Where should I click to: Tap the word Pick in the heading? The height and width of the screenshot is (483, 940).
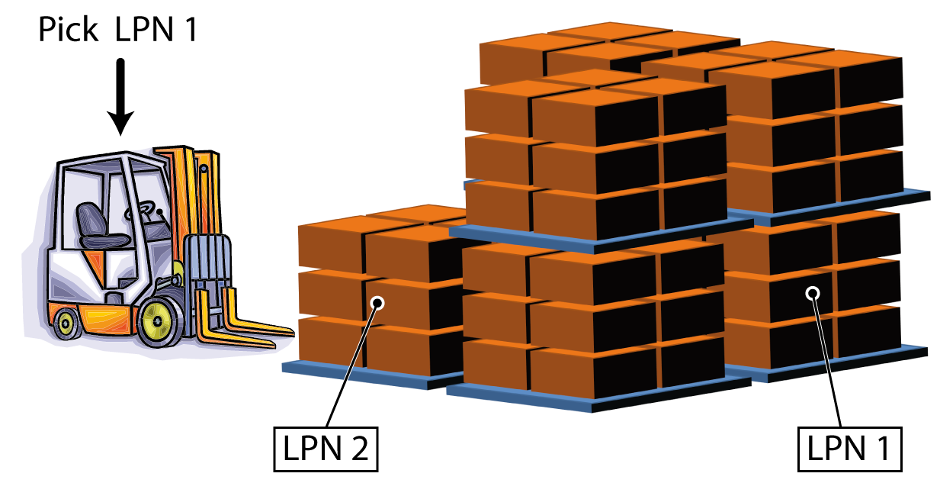pyautogui.click(x=69, y=30)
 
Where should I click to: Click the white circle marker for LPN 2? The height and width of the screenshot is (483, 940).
pyautogui.click(x=377, y=303)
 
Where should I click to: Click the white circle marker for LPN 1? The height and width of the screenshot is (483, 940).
pyautogui.click(x=813, y=293)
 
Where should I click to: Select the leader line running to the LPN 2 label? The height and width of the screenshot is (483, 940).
pyautogui.click(x=351, y=366)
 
